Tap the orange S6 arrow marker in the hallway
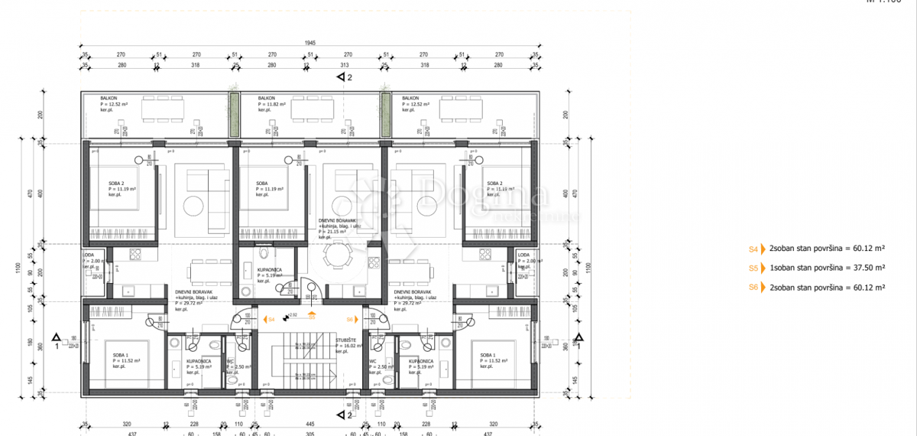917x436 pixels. [351, 319]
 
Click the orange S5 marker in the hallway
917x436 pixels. [312, 315]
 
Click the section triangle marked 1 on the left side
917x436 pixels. [57, 337]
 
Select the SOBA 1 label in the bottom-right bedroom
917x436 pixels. [488, 356]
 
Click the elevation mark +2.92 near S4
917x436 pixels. [291, 315]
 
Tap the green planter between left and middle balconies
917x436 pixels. [235, 116]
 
